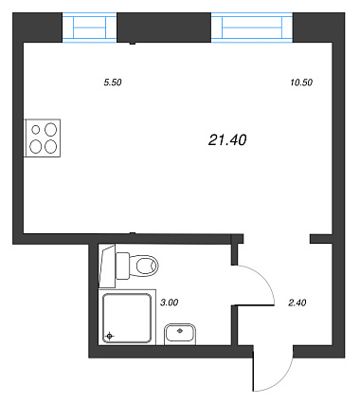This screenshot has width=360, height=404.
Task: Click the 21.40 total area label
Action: click(x=227, y=140)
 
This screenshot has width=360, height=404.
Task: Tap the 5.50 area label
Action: click(x=113, y=83)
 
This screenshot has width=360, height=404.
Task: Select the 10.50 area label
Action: click(x=301, y=83)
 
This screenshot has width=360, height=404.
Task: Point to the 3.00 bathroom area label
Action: click(x=170, y=303)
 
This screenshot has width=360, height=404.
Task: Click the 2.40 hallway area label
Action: click(x=297, y=303)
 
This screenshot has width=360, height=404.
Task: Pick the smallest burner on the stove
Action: click(x=36, y=129)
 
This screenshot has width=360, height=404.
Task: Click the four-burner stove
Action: click(x=43, y=138)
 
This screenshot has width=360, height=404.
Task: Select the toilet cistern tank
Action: click(x=122, y=266)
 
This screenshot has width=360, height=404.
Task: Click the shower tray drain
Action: click(x=110, y=336)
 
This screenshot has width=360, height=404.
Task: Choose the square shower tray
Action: click(x=127, y=318)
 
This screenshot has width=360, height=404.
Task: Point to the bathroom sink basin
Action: click(x=180, y=335)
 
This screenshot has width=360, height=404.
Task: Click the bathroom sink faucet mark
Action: click(x=180, y=331)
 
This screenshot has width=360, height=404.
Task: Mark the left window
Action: click(x=90, y=28)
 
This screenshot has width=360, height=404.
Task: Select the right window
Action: click(x=252, y=28)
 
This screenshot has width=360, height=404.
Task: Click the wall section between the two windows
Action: click(x=164, y=28)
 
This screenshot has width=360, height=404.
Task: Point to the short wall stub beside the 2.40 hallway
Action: click(x=321, y=239)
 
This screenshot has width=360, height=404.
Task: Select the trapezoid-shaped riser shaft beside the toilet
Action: click(x=107, y=266)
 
